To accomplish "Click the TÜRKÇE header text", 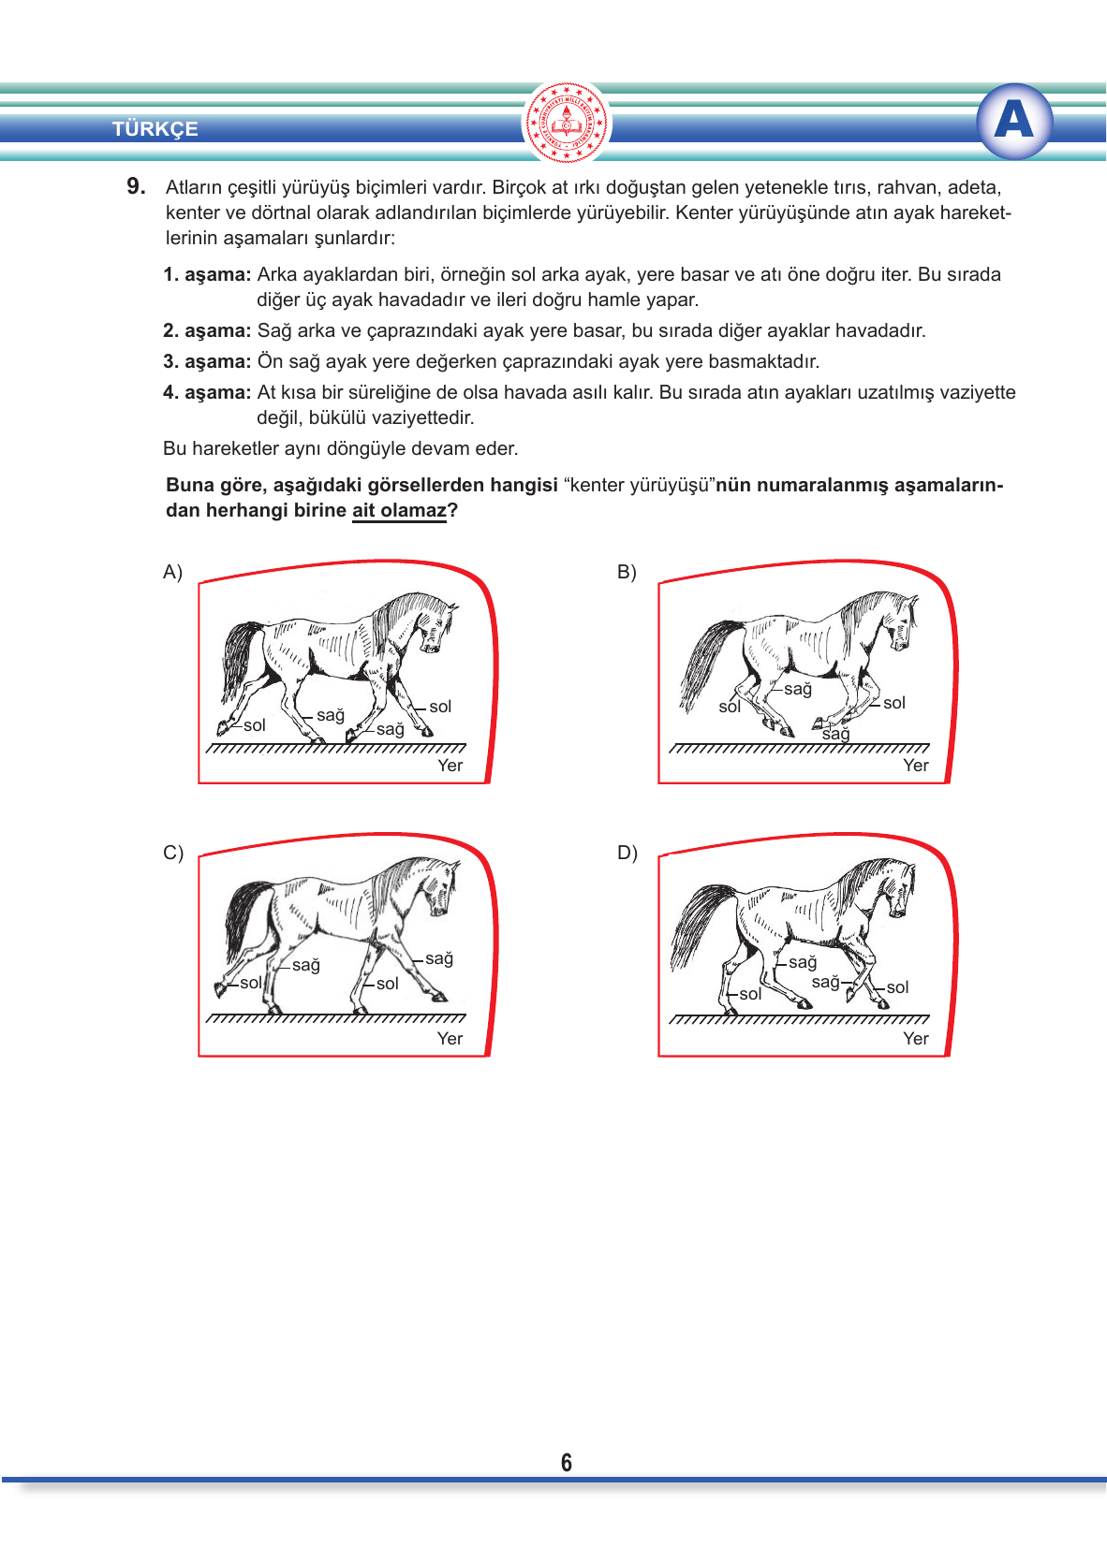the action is (x=155, y=128).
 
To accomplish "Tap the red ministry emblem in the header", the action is (x=567, y=123).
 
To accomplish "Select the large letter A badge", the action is (x=1013, y=121).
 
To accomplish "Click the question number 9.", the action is (x=136, y=186).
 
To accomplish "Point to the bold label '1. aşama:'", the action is (x=207, y=274).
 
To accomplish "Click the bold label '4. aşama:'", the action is (x=207, y=392).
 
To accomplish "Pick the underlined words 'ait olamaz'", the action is (x=399, y=511).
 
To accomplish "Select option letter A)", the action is (x=172, y=572).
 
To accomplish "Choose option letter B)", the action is (x=627, y=572).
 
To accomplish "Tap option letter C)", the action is (x=173, y=853).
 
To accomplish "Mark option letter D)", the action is (x=627, y=853).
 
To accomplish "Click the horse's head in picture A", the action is (x=435, y=625).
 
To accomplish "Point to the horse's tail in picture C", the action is (x=245, y=915).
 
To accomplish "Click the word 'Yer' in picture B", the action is (x=915, y=765).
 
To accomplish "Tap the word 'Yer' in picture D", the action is (x=915, y=1038).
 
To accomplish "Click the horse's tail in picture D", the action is (x=700, y=923).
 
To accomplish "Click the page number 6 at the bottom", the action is (x=567, y=1462).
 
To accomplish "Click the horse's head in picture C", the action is (x=440, y=888).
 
